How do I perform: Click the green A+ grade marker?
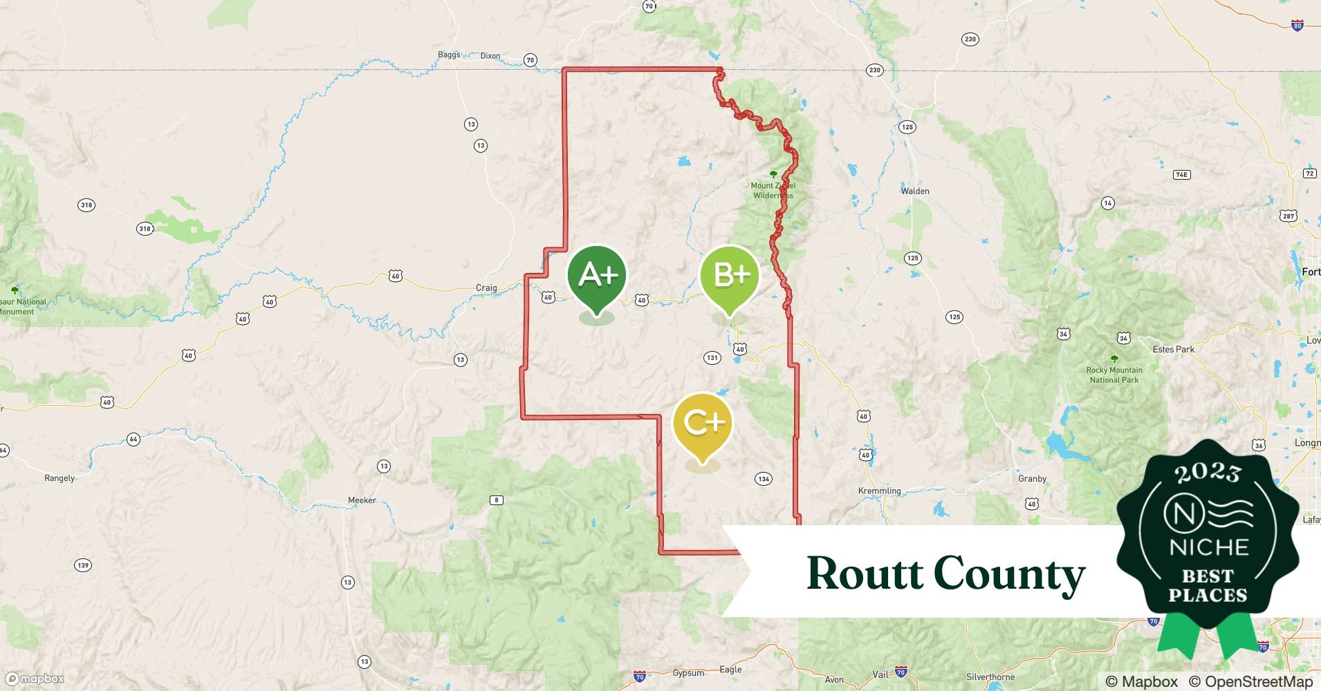click(x=597, y=276)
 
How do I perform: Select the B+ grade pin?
click(x=730, y=276)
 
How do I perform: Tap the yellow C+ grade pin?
click(x=703, y=423)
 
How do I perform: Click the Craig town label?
click(x=486, y=287)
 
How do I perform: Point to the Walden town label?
click(x=915, y=191)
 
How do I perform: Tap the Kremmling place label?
click(x=879, y=491)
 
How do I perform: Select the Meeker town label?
click(x=362, y=500)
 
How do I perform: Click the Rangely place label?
click(x=59, y=478)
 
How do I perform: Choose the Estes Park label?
click(x=1174, y=349)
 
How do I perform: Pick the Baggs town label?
click(x=449, y=55)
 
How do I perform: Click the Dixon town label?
click(x=490, y=56)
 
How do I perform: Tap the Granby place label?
click(x=1032, y=478)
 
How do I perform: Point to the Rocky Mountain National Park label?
click(x=1114, y=375)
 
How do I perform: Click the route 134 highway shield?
click(x=764, y=479)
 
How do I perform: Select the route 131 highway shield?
click(x=712, y=357)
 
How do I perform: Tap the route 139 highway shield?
click(x=83, y=565)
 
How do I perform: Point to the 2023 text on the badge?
click(x=1208, y=472)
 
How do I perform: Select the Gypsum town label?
click(x=688, y=672)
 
